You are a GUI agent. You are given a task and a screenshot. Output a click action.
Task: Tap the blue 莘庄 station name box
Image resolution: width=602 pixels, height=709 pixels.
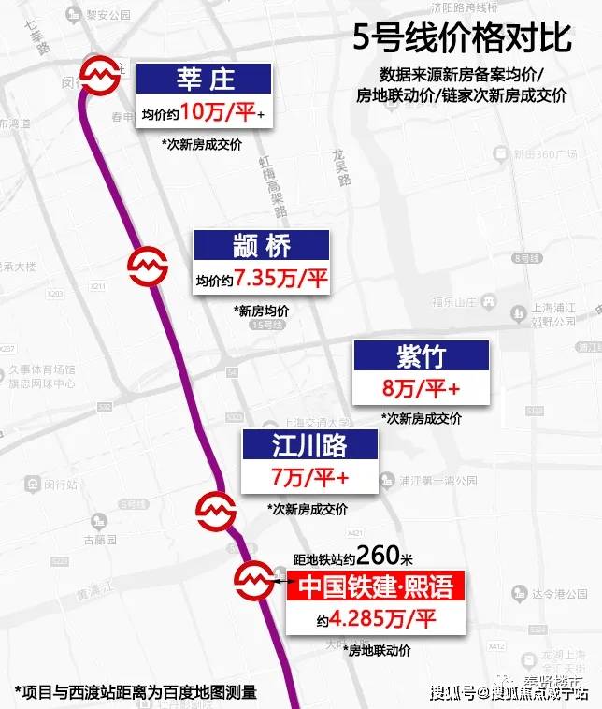[x=205, y=78]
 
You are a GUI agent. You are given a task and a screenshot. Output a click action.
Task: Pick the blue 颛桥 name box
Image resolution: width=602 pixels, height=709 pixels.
[x=262, y=245]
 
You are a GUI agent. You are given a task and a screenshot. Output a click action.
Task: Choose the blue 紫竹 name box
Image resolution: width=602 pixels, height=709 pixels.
[x=421, y=355]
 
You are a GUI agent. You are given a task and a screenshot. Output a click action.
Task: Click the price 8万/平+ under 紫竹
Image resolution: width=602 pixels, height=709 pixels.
[x=421, y=388]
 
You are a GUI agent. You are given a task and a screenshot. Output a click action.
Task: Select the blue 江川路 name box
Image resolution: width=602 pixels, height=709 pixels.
[x=308, y=445]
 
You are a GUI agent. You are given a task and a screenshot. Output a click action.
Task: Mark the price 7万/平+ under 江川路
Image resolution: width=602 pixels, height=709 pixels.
[x=309, y=478]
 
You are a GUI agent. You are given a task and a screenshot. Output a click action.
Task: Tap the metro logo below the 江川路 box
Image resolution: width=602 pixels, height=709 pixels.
[x=213, y=510]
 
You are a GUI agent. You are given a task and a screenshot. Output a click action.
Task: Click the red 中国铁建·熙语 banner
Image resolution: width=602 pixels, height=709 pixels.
[x=374, y=586]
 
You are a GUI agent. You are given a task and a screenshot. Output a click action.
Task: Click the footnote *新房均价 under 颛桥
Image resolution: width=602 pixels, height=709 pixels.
[x=264, y=311]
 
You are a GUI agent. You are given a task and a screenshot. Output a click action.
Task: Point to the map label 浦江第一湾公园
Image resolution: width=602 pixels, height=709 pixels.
[x=437, y=481]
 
